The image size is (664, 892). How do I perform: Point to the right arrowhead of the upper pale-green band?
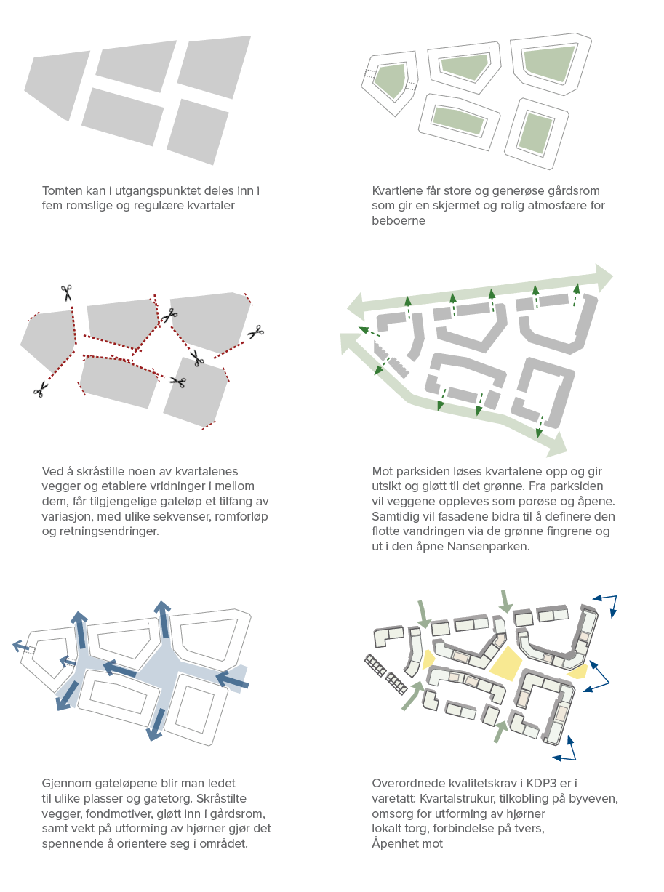click(604, 278)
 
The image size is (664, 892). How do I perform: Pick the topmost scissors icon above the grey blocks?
click(67, 292)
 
